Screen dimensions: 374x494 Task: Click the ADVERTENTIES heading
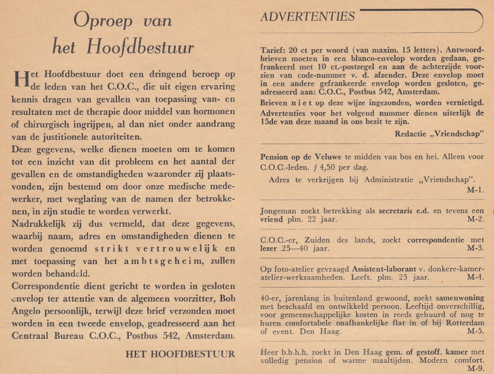[307, 17]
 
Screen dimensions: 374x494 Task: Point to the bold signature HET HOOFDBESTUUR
[180, 354]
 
